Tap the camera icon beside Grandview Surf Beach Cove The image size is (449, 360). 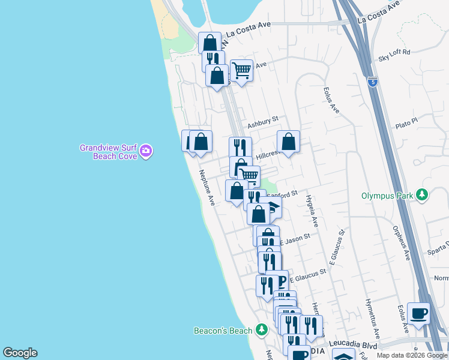pos(146,152)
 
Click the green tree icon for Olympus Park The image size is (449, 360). pos(423,195)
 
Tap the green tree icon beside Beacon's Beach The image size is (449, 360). pos(261,329)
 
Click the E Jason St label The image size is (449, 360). pos(294,239)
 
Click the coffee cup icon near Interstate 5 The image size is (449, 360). pos(418,313)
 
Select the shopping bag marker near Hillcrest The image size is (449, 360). pos(288,142)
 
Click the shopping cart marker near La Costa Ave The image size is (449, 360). pos(241,70)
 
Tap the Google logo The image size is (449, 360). pos(20,353)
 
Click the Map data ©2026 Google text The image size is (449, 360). pos(411,355)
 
